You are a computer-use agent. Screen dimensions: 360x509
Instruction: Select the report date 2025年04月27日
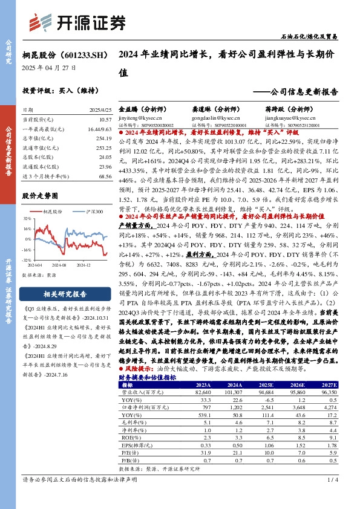coord(45,68)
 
